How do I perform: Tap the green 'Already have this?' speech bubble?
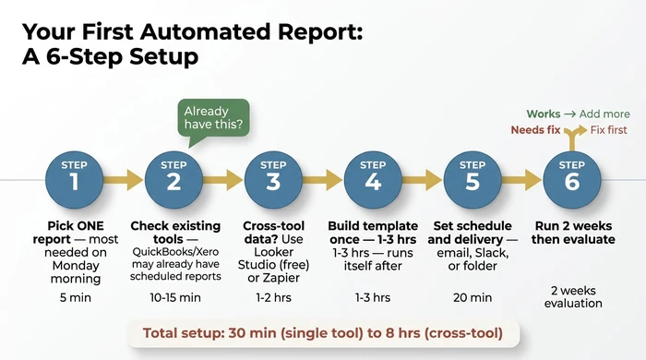(214, 118)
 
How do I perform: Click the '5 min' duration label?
(75, 297)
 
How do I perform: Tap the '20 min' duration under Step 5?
(473, 297)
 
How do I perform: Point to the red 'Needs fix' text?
(536, 130)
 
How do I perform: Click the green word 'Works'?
(543, 114)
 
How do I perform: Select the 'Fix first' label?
(608, 130)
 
